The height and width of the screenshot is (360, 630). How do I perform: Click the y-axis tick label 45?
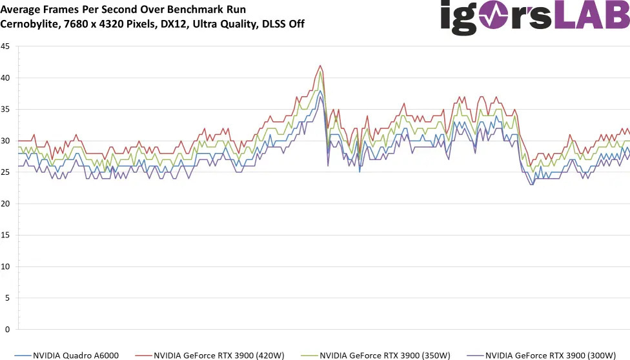point(6,46)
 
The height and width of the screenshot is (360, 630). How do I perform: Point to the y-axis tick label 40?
point(6,78)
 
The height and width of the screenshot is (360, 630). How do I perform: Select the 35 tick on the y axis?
point(6,110)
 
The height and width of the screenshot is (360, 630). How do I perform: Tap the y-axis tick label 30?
point(6,141)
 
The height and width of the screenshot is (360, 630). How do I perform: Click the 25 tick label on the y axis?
point(6,172)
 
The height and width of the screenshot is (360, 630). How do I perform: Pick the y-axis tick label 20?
point(6,204)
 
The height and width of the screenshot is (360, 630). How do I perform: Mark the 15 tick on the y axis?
point(6,235)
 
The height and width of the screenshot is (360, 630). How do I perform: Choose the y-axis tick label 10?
point(6,266)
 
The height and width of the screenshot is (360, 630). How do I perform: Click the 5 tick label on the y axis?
point(8,298)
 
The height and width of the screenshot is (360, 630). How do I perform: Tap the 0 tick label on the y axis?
point(8,330)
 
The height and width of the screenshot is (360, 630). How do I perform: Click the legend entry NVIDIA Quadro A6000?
point(72,354)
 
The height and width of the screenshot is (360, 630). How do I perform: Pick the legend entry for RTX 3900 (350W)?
point(385,354)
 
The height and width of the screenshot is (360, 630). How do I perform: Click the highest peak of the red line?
point(320,65)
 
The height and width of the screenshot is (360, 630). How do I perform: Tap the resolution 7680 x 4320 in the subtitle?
point(96,24)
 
